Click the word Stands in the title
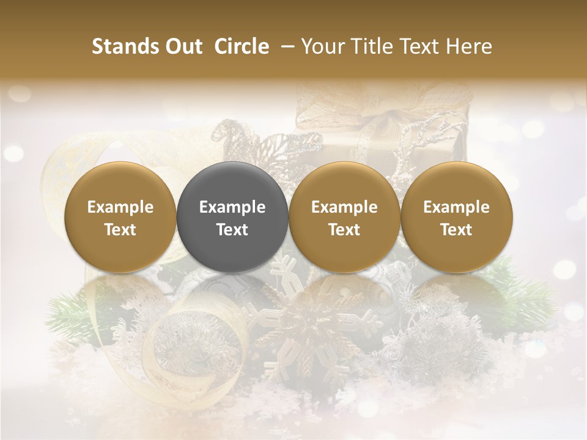tap(124, 46)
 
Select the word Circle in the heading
tap(242, 46)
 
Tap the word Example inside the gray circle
tap(232, 207)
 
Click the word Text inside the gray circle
tap(232, 230)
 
